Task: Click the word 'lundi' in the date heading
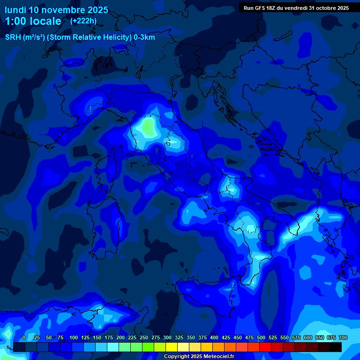15,10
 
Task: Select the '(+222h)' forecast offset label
83,21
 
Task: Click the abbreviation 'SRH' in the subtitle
13,37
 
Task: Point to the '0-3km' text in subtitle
144,37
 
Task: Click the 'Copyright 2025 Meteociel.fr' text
199,356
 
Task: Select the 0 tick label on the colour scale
24,337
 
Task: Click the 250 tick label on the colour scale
144,337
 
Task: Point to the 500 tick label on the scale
261,337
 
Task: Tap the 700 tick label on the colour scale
343,337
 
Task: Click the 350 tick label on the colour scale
191,337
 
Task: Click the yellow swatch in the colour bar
172,347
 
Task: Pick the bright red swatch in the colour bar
265,347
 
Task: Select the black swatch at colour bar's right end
336,347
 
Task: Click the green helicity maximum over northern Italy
148,126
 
